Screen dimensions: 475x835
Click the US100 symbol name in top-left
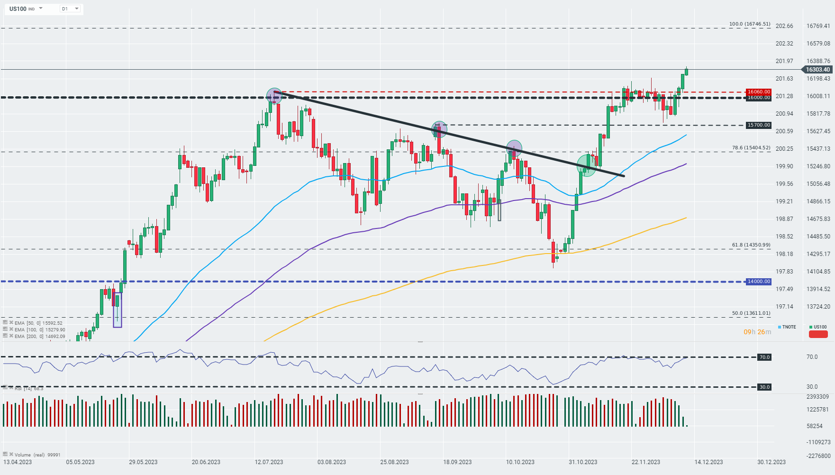[x=18, y=9]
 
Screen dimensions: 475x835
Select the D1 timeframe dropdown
[x=70, y=9]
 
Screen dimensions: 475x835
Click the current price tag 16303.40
[x=817, y=70]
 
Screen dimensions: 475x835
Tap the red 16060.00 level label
[x=758, y=92]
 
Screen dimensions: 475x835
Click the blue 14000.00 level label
[x=758, y=282]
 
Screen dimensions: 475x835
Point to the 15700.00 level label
[x=758, y=125]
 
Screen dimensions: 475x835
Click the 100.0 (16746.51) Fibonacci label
[x=749, y=24]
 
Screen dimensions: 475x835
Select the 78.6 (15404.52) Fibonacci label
[x=751, y=148]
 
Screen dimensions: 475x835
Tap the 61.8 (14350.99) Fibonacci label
[x=751, y=245]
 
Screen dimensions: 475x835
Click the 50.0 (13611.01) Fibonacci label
[x=751, y=313]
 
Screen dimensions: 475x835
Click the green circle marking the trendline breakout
[x=586, y=165]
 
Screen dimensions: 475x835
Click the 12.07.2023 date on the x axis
[x=269, y=462]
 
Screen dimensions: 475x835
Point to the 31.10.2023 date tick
[x=583, y=462]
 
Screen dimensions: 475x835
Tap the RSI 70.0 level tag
[x=764, y=357]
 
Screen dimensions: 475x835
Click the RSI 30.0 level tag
[x=764, y=387]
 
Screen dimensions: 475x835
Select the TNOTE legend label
[x=789, y=327]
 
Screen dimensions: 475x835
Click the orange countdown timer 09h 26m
[x=757, y=332]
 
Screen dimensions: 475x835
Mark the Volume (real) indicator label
[x=30, y=455]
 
